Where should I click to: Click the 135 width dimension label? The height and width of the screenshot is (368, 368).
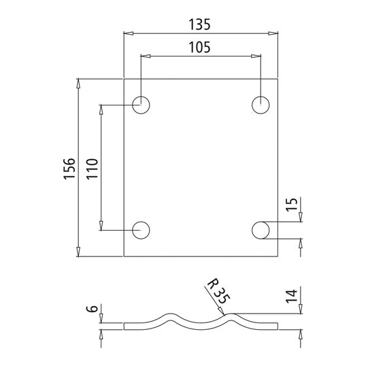201,24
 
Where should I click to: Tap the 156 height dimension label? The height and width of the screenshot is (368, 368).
69,168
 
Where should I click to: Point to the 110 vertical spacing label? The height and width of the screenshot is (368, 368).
93,168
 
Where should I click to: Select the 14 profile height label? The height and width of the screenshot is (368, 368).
291,297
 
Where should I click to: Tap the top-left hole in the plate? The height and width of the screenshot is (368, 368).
141,105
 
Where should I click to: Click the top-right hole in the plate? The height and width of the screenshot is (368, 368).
261,105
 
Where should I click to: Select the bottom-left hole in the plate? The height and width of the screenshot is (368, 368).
141,230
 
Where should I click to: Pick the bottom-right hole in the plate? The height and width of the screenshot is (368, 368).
261,230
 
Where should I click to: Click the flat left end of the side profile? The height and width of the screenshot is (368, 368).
133,326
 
